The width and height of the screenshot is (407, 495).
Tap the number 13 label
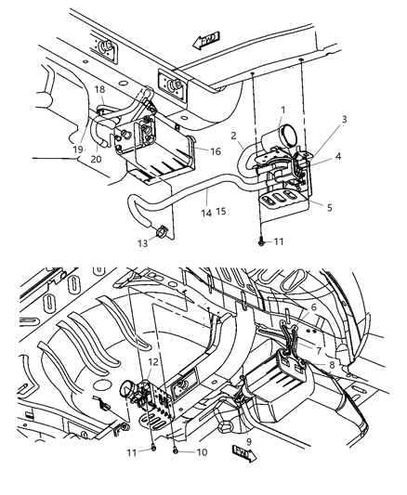141,243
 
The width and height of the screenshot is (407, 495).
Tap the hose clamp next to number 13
161,231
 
